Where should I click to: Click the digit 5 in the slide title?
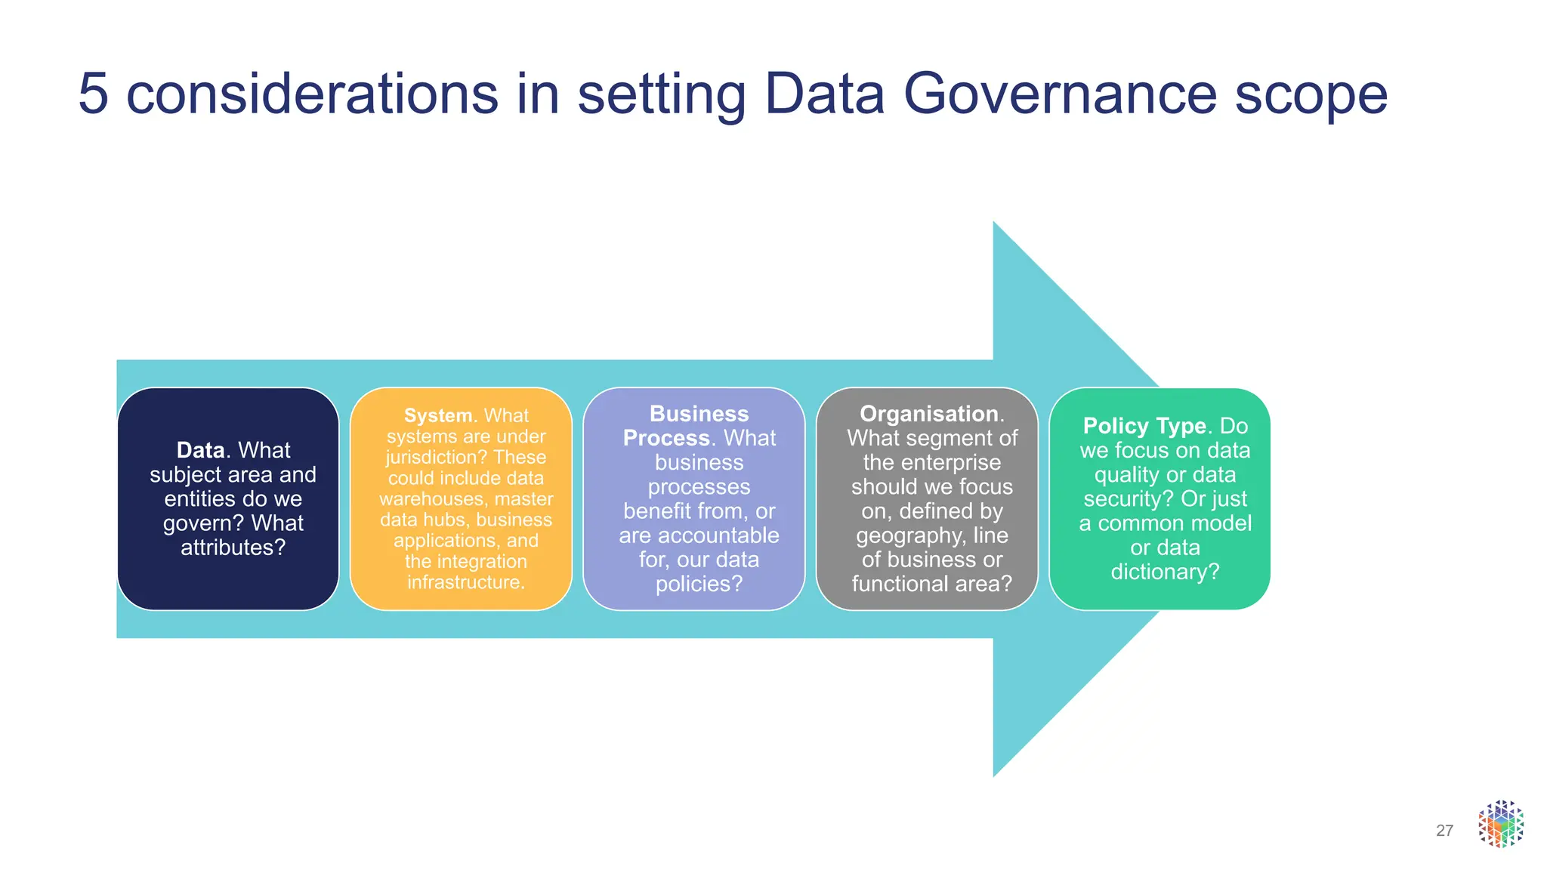pos(93,94)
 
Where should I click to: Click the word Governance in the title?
pos(1060,94)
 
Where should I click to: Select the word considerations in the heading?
pos(311,94)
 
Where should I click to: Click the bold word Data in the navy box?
pos(200,450)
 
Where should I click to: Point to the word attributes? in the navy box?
pos(233,548)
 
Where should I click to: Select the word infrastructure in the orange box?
pos(464,582)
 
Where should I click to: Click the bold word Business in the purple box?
pos(699,414)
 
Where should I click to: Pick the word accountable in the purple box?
pos(699,535)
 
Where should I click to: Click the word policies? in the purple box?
pos(699,584)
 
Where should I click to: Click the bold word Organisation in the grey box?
pos(929,414)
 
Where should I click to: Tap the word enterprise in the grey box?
pos(954,462)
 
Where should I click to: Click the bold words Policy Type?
pos(1144,426)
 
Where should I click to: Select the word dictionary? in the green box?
pos(1165,572)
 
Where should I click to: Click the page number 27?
pos(1444,831)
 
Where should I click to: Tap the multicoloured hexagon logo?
pos(1500,824)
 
